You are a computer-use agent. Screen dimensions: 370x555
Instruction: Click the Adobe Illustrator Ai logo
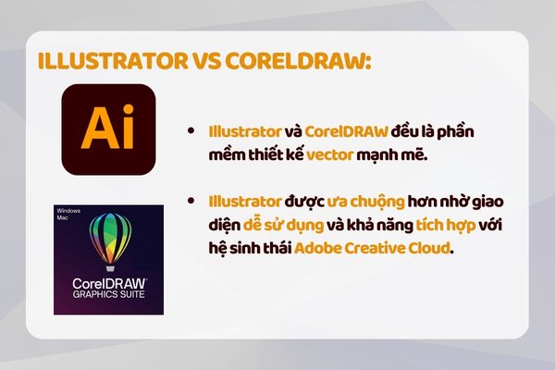point(108,130)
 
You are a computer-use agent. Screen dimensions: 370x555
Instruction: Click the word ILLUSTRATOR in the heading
point(110,61)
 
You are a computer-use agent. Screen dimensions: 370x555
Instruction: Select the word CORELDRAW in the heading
point(297,61)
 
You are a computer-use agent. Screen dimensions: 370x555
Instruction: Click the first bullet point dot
point(191,132)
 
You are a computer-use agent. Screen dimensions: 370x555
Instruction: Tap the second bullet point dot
point(191,201)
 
